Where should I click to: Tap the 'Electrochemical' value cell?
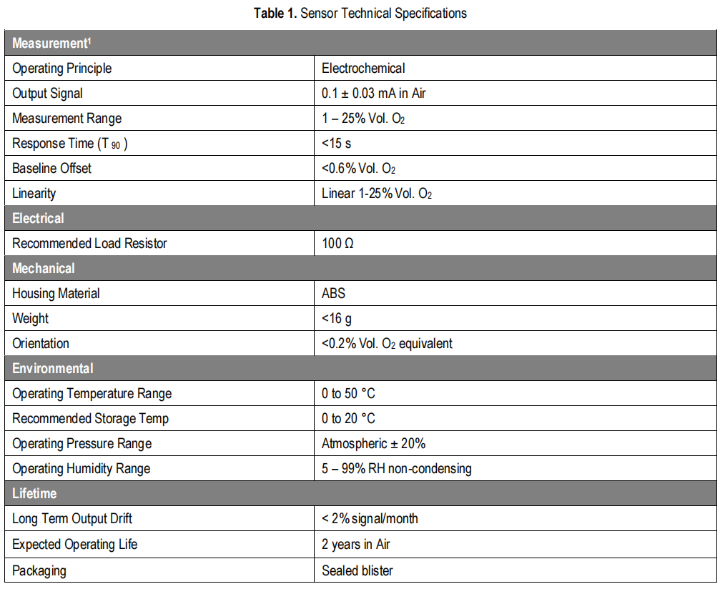(363, 69)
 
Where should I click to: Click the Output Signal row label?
(47, 94)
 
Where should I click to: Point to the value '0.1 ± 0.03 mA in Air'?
(374, 94)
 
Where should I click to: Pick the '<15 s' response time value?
(336, 144)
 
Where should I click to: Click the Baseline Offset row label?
(51, 169)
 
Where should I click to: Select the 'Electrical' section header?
(38, 219)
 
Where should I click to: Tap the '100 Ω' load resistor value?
(337, 244)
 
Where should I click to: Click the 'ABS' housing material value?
(333, 294)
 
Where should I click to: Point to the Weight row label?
(31, 319)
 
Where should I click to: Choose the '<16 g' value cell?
(337, 319)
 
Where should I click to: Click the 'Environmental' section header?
(53, 369)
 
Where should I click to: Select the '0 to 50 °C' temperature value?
(348, 394)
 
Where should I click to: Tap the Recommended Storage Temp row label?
(90, 419)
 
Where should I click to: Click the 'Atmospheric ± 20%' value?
(373, 444)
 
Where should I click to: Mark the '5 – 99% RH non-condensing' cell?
(396, 469)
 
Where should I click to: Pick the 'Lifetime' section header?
(34, 494)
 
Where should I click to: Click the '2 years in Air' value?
(355, 545)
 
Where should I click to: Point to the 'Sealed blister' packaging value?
(357, 570)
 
